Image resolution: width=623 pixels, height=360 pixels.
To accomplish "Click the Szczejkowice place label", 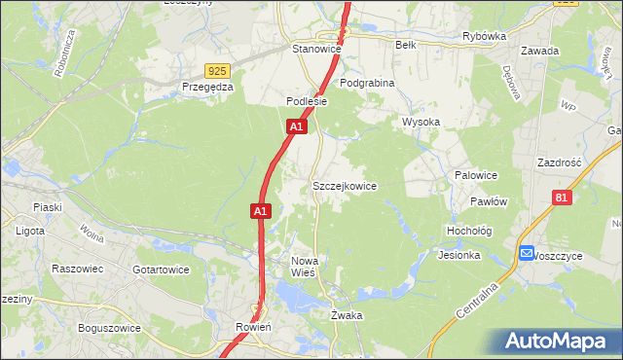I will click(344, 185).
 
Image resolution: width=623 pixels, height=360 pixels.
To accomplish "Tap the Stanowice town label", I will click(316, 47).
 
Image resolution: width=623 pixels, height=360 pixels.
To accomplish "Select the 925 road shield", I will click(218, 70).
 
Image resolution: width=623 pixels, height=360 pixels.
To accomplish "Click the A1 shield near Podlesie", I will click(298, 126).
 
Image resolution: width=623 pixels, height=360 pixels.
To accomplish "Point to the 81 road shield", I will click(561, 198).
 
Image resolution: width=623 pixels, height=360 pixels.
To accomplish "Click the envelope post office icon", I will click(527, 254).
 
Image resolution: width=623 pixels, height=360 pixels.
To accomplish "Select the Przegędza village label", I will click(207, 87).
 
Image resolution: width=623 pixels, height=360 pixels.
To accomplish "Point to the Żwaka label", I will click(347, 315).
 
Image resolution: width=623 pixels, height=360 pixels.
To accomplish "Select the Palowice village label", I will click(476, 175).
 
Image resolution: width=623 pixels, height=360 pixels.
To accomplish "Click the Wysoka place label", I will click(421, 122).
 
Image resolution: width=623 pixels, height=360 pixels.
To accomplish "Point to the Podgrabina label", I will click(367, 83).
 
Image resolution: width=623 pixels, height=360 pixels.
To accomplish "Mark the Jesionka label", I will click(459, 255).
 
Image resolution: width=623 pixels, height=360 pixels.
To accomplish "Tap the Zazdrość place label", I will click(558, 162).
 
